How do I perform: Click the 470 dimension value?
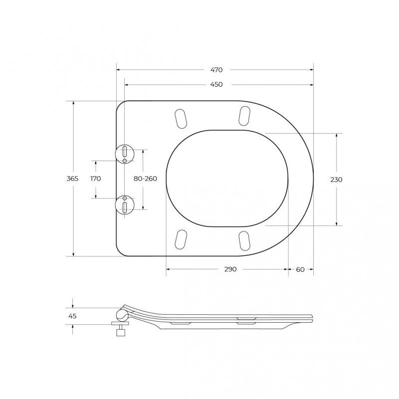(216, 70)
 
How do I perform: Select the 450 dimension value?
(216, 84)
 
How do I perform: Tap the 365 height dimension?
(72, 179)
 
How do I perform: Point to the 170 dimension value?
(96, 179)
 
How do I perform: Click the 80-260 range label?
(145, 179)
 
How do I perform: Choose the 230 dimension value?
(336, 180)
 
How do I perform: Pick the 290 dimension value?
(230, 269)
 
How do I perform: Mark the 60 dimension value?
(301, 269)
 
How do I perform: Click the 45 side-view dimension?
(72, 316)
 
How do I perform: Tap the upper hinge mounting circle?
(124, 154)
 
